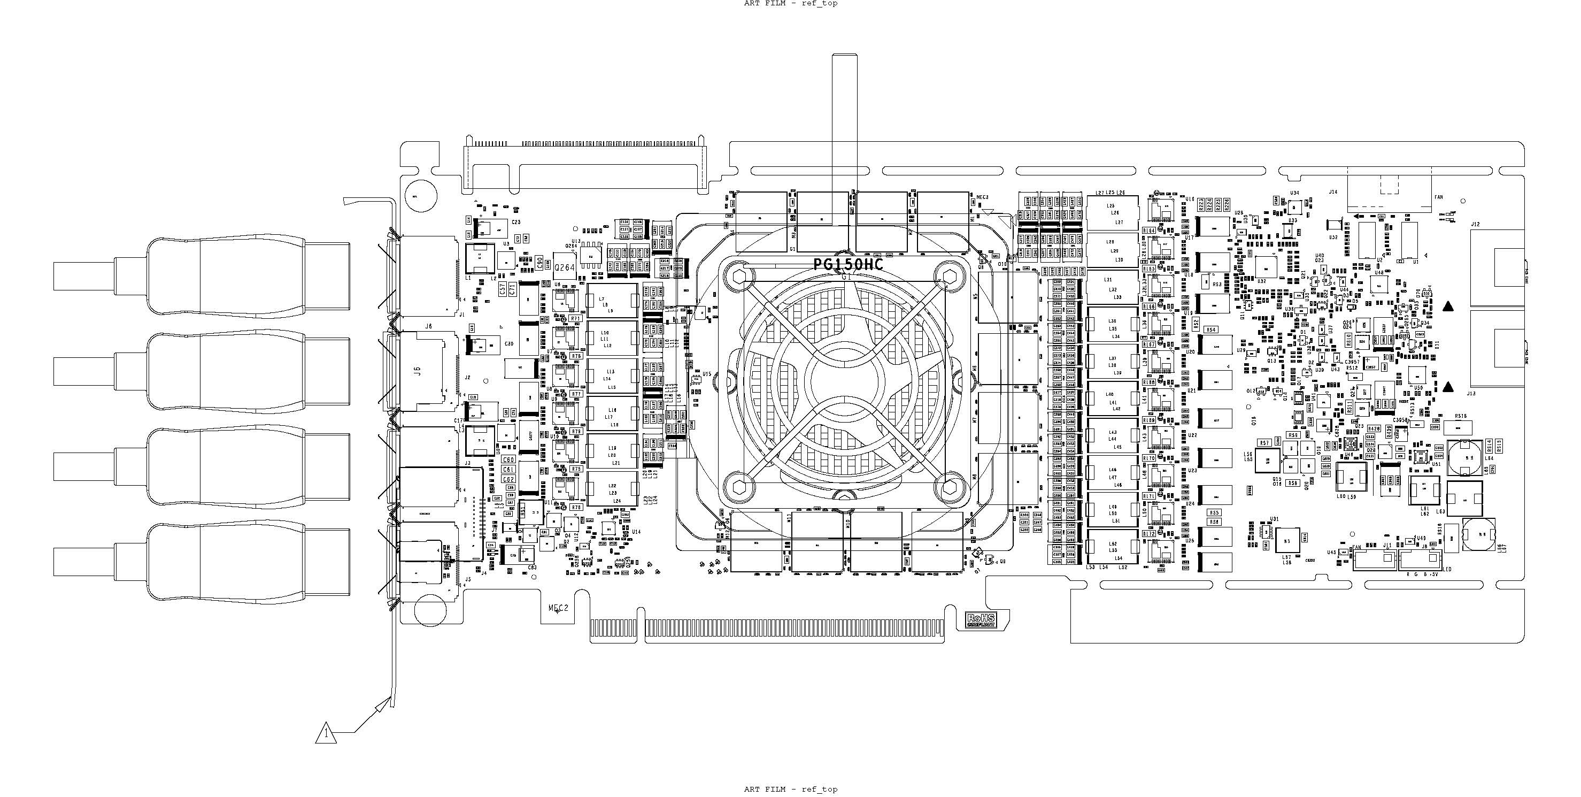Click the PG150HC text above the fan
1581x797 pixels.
(x=848, y=265)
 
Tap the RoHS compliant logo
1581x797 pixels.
(x=980, y=620)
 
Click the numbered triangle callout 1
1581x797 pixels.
(x=326, y=733)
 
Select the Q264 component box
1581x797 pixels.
(x=565, y=267)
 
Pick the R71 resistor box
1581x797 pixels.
(x=576, y=319)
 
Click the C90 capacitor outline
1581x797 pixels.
(x=539, y=262)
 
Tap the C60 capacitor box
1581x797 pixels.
(x=508, y=459)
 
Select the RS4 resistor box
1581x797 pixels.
(x=1211, y=329)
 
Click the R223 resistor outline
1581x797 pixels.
(x=1201, y=204)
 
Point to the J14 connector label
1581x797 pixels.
(x=1333, y=192)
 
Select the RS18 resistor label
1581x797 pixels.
(x=1461, y=416)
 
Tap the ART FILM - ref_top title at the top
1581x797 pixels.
(x=790, y=4)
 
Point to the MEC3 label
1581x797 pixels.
(x=983, y=197)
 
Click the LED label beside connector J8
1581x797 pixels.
(x=1448, y=569)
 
